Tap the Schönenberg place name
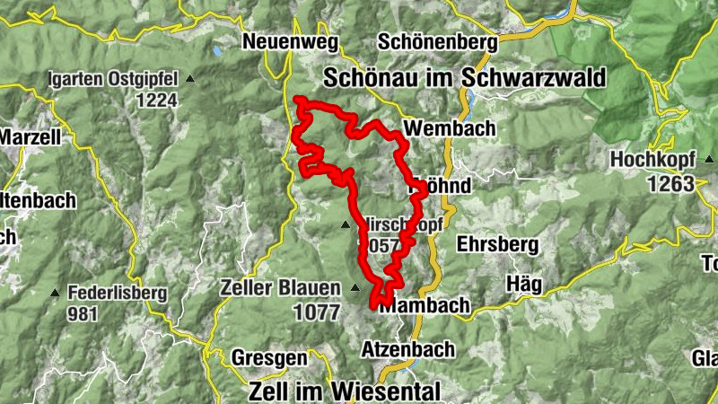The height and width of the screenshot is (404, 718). point(437,42)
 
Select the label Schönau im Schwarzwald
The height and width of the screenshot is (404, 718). point(464,77)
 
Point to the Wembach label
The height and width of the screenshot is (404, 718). point(450,128)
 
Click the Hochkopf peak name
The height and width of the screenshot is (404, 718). point(652,160)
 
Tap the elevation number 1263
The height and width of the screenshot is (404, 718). point(669,184)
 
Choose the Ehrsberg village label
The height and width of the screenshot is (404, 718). point(497,243)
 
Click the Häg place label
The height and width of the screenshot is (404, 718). point(525,284)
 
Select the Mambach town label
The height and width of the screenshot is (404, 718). point(425,305)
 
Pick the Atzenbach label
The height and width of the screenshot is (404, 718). point(407,348)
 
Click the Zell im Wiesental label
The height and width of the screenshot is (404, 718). point(344,391)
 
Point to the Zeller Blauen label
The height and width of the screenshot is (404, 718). point(281,288)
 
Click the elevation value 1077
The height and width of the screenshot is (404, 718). point(317,312)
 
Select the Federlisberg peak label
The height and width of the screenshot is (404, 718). point(117,293)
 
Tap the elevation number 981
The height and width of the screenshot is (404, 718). point(82,314)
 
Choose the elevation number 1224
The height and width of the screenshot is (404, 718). point(157,101)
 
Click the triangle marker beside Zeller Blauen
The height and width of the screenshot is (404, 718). point(356,288)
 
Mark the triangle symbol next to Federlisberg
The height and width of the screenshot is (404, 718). point(56,293)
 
